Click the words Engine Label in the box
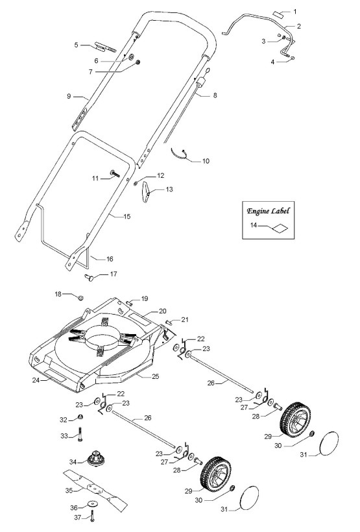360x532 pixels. tap(268, 212)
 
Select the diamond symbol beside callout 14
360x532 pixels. tap(279, 228)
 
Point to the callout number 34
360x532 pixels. tap(73, 461)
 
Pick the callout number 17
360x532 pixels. tap(114, 274)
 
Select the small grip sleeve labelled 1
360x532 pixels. tap(278, 12)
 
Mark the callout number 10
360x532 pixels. tap(206, 160)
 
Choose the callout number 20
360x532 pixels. tap(163, 311)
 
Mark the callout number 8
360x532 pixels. tap(215, 95)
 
